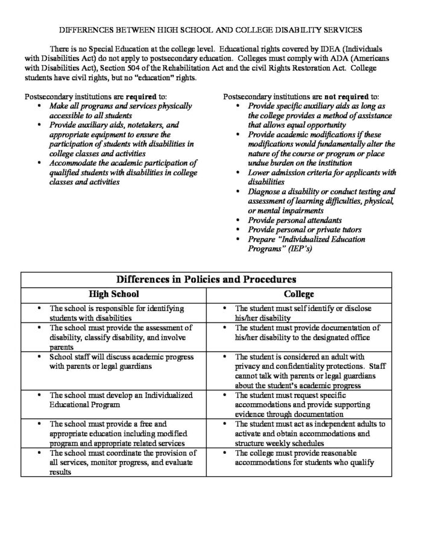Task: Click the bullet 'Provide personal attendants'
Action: click(294, 221)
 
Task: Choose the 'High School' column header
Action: click(113, 294)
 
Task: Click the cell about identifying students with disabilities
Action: click(113, 312)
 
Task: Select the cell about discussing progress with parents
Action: click(113, 360)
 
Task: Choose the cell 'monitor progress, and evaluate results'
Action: click(113, 462)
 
